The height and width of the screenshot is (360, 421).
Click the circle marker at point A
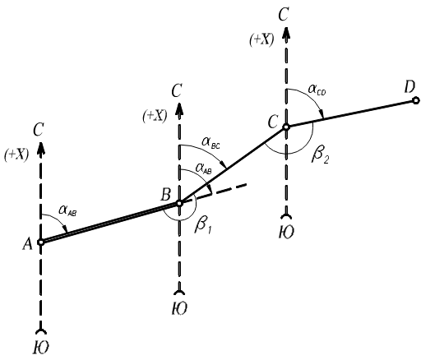pyautogui.click(x=41, y=242)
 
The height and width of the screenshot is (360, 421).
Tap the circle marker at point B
pyautogui.click(x=179, y=203)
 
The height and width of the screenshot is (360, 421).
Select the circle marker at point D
pyautogui.click(x=416, y=101)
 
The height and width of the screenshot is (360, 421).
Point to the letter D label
pyautogui.click(x=409, y=88)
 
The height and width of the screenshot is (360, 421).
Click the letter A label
pyautogui.click(x=27, y=243)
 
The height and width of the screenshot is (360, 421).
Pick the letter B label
pyautogui.click(x=166, y=194)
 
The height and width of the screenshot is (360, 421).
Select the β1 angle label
pyautogui.click(x=203, y=226)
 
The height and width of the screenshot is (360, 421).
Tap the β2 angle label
pyautogui.click(x=320, y=156)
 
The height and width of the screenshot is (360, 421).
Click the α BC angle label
pyautogui.click(x=210, y=143)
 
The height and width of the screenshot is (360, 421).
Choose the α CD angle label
pyautogui.click(x=317, y=90)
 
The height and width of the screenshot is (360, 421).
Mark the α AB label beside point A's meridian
pyautogui.click(x=67, y=211)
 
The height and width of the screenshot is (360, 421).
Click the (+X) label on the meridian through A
pyautogui.click(x=16, y=155)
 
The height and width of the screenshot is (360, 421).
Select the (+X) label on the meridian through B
pyautogui.click(x=155, y=117)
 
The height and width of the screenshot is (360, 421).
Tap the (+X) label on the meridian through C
pyautogui.click(x=261, y=40)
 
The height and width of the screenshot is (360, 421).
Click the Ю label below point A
pyautogui.click(x=41, y=348)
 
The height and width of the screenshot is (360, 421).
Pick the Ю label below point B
pyautogui.click(x=179, y=308)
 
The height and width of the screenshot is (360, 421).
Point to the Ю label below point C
pyautogui.click(x=286, y=232)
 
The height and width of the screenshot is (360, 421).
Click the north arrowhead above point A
pyautogui.click(x=41, y=146)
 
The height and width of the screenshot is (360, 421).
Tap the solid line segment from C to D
pyautogui.click(x=351, y=113)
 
